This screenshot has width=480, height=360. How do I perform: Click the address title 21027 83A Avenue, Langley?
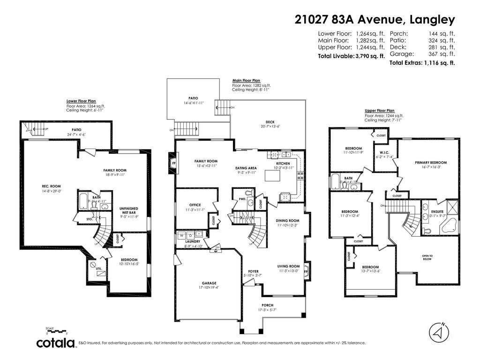pyautogui.click(x=375, y=20)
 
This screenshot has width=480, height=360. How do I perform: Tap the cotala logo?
pyautogui.click(x=56, y=343)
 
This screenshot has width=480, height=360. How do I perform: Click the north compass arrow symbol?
pyautogui.click(x=439, y=332)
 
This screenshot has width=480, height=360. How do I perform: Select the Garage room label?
pyautogui.click(x=209, y=283)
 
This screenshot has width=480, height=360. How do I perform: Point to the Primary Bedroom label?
pyautogui.click(x=430, y=163)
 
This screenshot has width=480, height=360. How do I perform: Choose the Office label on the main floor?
pyautogui.click(x=195, y=205)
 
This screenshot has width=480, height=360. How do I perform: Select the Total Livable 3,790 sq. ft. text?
pyautogui.click(x=352, y=56)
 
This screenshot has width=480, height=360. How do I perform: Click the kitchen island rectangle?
pyautogui.click(x=272, y=175)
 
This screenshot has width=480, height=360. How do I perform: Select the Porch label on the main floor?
pyautogui.click(x=268, y=305)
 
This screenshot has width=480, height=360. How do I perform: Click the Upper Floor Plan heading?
pyautogui.click(x=380, y=111)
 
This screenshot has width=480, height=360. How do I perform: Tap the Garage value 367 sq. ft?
pyautogui.click(x=442, y=54)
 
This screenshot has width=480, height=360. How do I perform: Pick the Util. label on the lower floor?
pyautogui.click(x=99, y=269)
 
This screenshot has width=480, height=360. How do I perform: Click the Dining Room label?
pyautogui.click(x=287, y=220)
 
